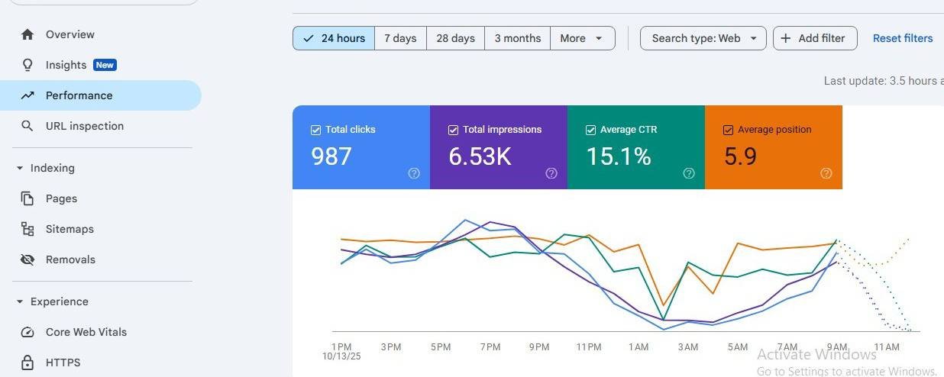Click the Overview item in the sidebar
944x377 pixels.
[70, 34]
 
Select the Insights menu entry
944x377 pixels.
[66, 65]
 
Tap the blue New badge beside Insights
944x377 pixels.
[105, 65]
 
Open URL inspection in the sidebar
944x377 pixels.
[84, 126]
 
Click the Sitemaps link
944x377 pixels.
[70, 229]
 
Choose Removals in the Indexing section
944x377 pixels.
[70, 259]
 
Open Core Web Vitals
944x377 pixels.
[86, 332]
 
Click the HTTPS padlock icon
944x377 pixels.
[27, 362]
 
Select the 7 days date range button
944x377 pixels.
[400, 38]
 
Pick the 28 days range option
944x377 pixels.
[455, 38]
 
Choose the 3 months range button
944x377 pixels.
[518, 38]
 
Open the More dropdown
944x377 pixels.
[583, 38]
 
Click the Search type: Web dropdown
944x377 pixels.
[703, 38]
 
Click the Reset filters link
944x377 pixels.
[902, 38]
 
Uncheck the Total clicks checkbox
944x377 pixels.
[315, 130]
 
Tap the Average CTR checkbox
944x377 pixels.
[591, 130]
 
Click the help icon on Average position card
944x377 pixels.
[826, 173]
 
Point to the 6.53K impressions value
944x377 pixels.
[480, 156]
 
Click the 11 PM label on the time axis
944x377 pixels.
[589, 347]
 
